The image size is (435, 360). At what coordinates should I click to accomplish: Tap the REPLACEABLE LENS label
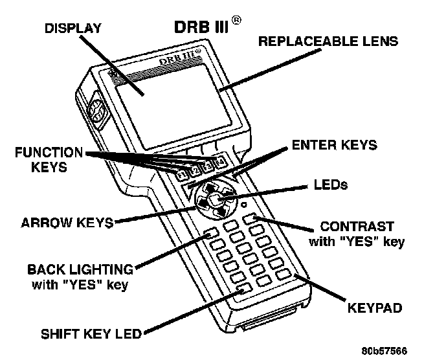328,41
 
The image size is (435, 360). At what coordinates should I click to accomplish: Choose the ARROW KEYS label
67,222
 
